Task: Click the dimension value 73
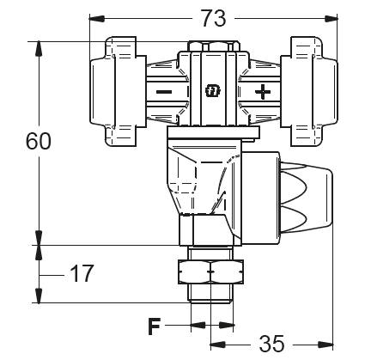tap(213, 18)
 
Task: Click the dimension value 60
tap(39, 141)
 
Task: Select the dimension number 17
tap(82, 273)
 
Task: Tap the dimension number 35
tap(271, 344)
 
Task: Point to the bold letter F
tap(154, 326)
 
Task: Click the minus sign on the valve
tap(164, 92)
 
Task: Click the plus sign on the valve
tap(263, 92)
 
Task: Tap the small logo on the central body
tap(214, 91)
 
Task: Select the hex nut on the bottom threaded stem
tap(210, 272)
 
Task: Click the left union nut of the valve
tap(118, 91)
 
